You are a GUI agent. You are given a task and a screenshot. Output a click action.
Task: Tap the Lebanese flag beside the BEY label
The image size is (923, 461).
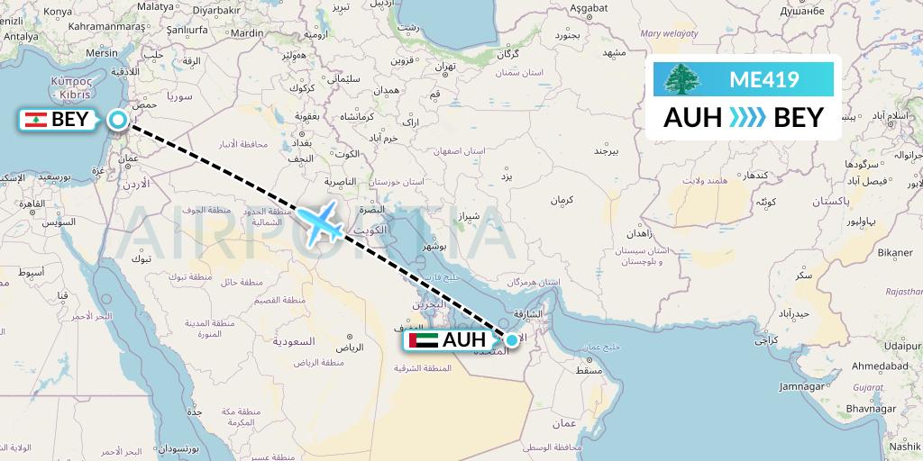(35, 120)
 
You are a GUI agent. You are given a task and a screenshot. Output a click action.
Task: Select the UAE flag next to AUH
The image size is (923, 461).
(423, 340)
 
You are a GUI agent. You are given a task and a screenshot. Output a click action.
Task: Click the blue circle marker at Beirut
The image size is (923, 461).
(117, 120)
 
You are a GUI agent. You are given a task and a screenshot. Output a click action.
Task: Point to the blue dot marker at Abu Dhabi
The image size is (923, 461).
(512, 339)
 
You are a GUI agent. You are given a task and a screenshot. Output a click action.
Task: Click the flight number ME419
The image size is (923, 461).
(763, 80)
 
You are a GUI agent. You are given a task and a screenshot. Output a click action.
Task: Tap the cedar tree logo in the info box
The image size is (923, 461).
(681, 80)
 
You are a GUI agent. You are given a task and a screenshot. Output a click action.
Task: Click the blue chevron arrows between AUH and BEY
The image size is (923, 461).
(746, 118)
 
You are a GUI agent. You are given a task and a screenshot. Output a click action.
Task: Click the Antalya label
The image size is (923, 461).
(22, 37)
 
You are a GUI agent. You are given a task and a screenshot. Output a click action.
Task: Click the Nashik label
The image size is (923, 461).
(903, 445)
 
